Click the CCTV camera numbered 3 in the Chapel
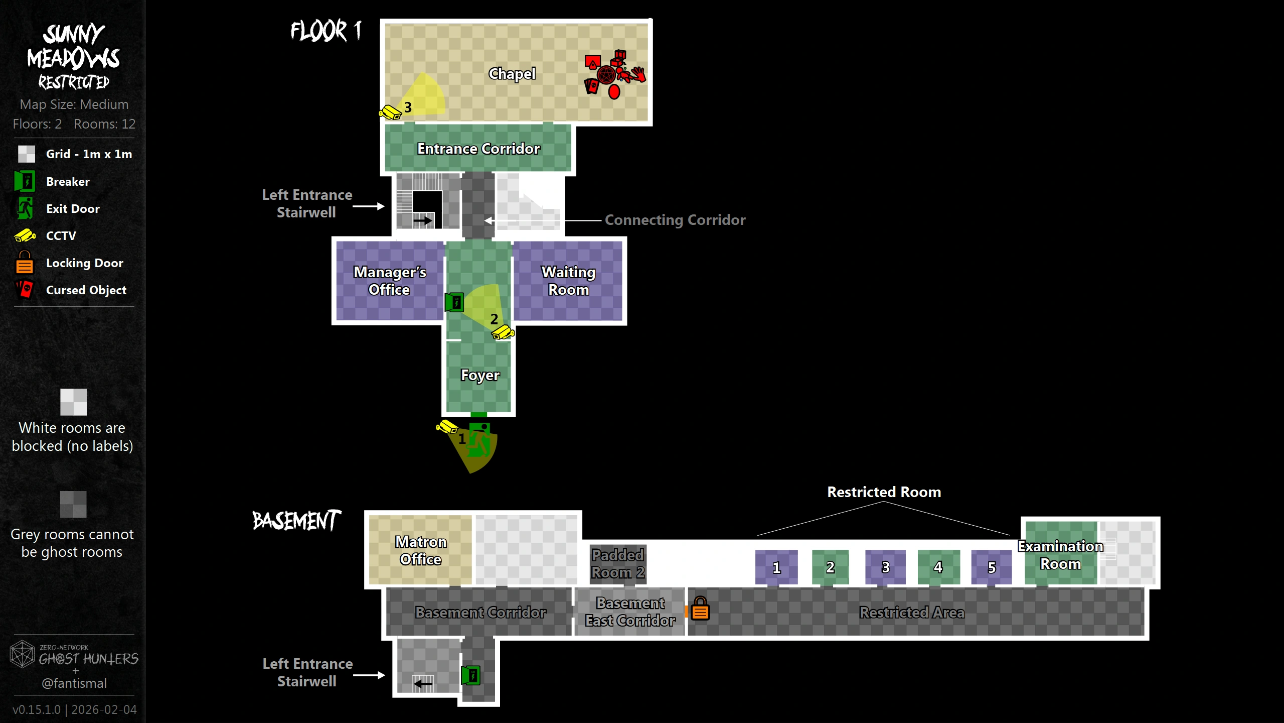(390, 112)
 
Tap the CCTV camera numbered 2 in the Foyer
(503, 332)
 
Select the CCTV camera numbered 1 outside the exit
(446, 427)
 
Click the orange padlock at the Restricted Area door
(700, 609)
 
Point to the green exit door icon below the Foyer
(479, 440)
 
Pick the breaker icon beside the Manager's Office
(454, 302)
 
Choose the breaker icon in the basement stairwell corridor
(471, 675)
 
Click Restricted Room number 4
(938, 567)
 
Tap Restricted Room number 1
(776, 567)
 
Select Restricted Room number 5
(992, 567)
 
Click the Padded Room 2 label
(618, 564)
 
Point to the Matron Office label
(421, 550)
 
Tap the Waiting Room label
(568, 281)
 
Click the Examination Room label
(1060, 555)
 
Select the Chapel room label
(512, 74)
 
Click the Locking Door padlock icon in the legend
(24, 263)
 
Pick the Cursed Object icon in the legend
(24, 290)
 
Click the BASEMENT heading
(296, 521)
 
